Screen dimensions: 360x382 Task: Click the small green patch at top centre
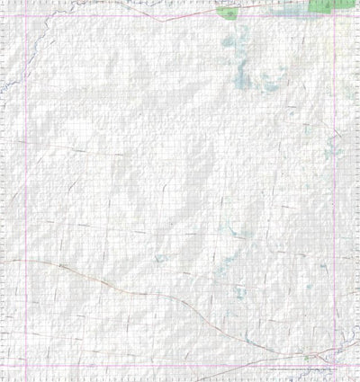coord(228,12)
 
